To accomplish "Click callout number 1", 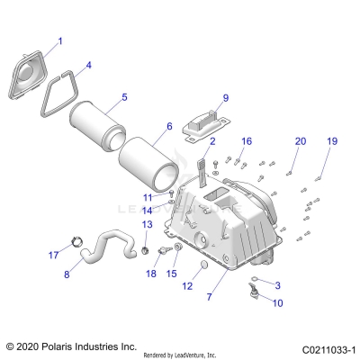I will tap(61, 41).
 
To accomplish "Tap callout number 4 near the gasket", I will tap(87, 66).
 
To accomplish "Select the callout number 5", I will tap(124, 96).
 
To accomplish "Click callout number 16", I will tap(247, 141).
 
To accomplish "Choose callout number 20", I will tap(301, 141).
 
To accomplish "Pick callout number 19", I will tap(332, 142).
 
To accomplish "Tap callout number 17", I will tap(53, 255).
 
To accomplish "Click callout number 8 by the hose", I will tap(66, 274).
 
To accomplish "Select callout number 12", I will tap(187, 286).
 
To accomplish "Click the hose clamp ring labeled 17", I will tap(75, 241).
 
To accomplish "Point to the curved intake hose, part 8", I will tap(108, 245).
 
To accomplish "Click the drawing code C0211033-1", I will tap(329, 345).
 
